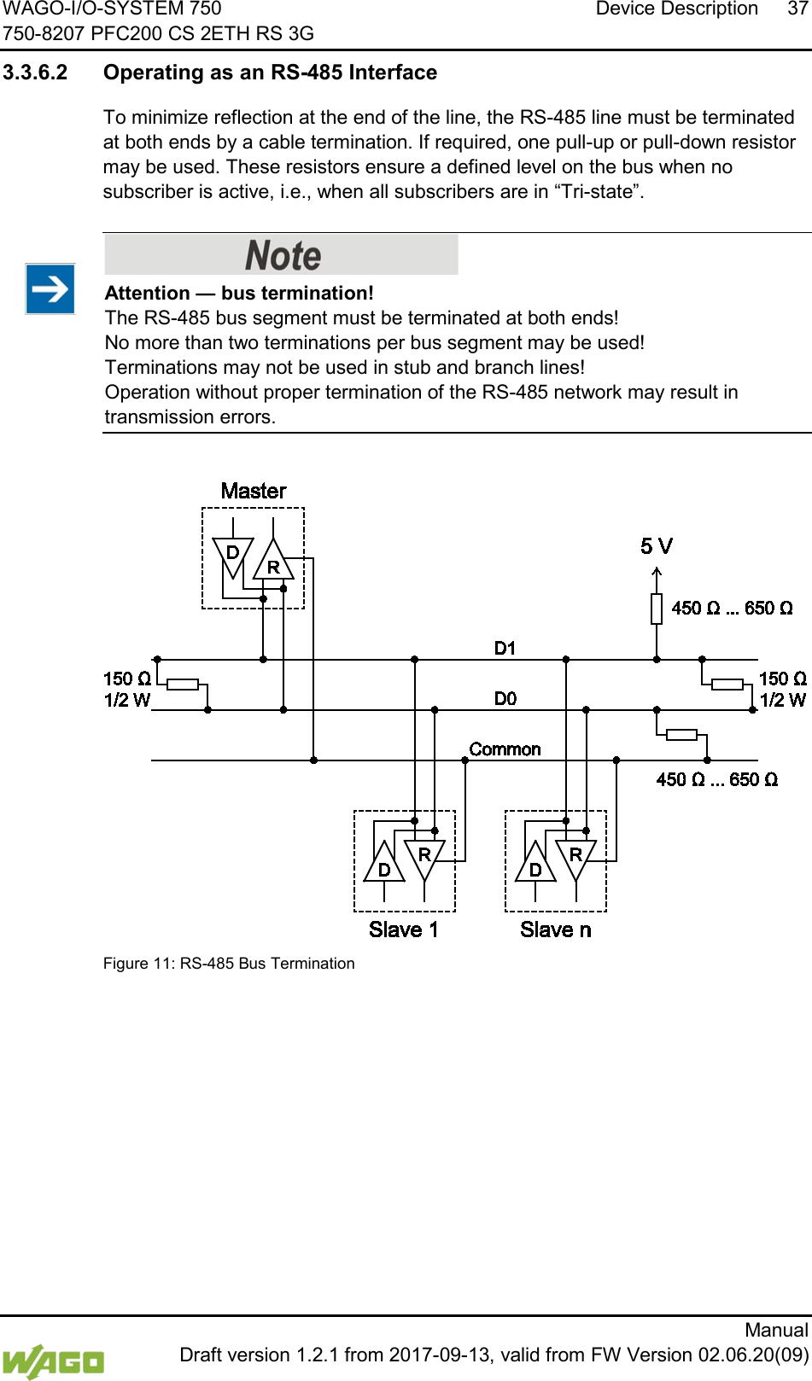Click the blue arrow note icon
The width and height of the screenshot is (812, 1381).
(x=50, y=289)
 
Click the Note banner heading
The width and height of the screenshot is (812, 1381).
(x=282, y=254)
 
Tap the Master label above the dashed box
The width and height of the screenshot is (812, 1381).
(x=254, y=491)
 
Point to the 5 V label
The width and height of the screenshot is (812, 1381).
(x=657, y=546)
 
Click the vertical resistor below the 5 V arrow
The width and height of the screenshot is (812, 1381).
(x=657, y=609)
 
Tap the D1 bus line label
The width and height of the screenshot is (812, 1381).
(x=505, y=648)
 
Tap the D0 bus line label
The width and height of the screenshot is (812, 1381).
(x=505, y=698)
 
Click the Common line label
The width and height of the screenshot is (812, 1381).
(x=505, y=749)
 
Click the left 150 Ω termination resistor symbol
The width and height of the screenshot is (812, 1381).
(x=183, y=684)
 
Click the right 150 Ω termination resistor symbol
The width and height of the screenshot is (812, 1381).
(x=727, y=684)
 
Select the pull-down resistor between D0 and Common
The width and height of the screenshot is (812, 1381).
(x=681, y=734)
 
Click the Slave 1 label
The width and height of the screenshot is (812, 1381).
(x=403, y=929)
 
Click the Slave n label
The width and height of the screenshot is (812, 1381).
(x=555, y=929)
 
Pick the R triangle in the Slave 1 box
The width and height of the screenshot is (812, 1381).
(x=424, y=857)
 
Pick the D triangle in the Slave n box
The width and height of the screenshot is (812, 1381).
(x=535, y=865)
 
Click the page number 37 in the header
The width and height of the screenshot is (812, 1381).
(x=797, y=9)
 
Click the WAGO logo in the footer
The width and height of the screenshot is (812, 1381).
(x=53, y=1361)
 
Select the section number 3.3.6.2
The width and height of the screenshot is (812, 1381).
(x=35, y=73)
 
